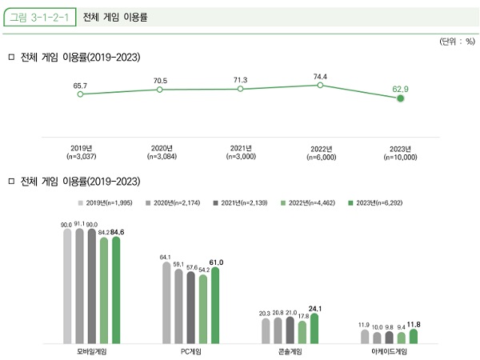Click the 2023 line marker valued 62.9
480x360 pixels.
point(401,98)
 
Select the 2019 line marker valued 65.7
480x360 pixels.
point(80,94)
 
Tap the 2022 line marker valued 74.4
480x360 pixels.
point(320,85)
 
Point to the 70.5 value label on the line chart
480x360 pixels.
point(160,81)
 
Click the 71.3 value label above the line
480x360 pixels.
point(240,80)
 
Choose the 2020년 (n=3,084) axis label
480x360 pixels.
point(162,153)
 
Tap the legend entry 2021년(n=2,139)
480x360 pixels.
point(244,203)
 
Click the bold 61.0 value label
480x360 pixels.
point(216,262)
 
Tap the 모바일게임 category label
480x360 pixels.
point(90,350)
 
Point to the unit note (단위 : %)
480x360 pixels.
point(457,41)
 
